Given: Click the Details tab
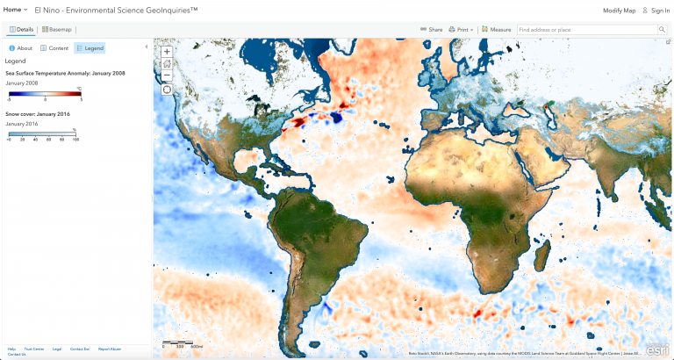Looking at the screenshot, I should (x=21, y=30).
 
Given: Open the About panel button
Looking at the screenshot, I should (x=21, y=48).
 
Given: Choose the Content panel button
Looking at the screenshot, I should (x=54, y=48).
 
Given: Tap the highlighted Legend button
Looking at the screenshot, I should (x=90, y=48).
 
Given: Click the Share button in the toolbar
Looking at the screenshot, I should (x=431, y=30).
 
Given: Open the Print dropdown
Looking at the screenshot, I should (x=462, y=30).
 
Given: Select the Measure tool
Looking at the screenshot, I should (x=497, y=30).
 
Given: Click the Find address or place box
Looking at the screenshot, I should (x=586, y=30).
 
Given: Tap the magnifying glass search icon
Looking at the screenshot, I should (x=663, y=30).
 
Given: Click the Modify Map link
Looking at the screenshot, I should (x=619, y=10).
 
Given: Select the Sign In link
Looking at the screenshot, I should (x=656, y=10).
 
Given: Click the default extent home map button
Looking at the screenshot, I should (x=167, y=63).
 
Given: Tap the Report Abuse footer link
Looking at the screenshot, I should (x=110, y=349).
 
